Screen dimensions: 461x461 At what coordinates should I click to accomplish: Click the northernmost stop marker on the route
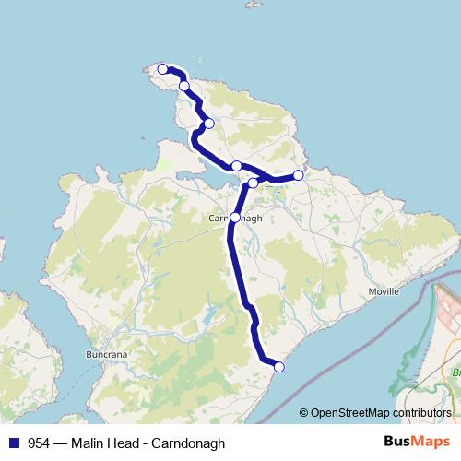[x=163, y=69]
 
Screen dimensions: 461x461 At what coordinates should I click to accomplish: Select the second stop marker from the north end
[x=184, y=86]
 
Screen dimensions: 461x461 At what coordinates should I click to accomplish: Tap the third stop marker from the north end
[x=209, y=123]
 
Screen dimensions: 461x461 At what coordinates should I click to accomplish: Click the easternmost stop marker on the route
[x=298, y=174]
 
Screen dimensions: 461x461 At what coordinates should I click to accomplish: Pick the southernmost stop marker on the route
[x=279, y=367]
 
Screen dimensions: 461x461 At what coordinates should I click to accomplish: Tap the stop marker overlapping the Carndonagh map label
[x=235, y=218]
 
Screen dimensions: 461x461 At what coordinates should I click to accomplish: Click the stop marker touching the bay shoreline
[x=237, y=166]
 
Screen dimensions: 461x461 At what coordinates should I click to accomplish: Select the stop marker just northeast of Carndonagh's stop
[x=254, y=183]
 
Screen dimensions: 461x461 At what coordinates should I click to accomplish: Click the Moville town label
[x=383, y=290]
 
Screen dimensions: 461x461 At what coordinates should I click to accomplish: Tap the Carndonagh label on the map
[x=235, y=219]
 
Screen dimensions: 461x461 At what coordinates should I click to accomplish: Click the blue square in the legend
[x=14, y=443]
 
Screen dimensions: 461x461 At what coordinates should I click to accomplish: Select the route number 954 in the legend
[x=39, y=443]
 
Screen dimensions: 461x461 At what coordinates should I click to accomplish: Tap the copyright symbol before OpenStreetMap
[x=303, y=413]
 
